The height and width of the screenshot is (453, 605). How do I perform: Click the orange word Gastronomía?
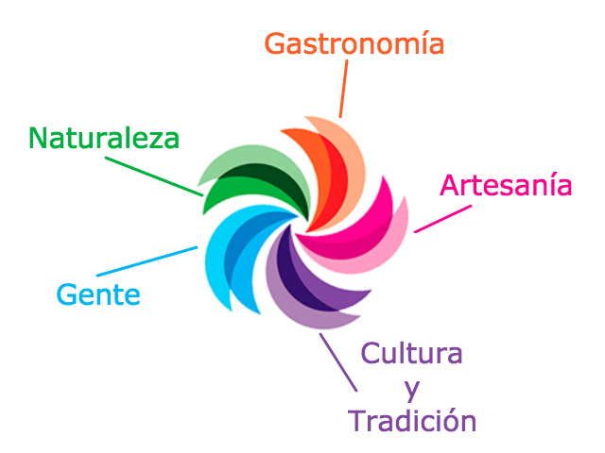354,43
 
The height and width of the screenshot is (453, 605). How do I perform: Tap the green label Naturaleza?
104,139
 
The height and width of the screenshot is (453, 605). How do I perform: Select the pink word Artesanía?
506,185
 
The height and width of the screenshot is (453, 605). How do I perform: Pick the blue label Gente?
98,294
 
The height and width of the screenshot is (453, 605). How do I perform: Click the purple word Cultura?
412,354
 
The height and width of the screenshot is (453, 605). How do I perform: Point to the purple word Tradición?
412,420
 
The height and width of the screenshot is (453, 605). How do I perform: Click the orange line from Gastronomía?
345,88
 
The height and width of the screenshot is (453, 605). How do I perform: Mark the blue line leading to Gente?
147,261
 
